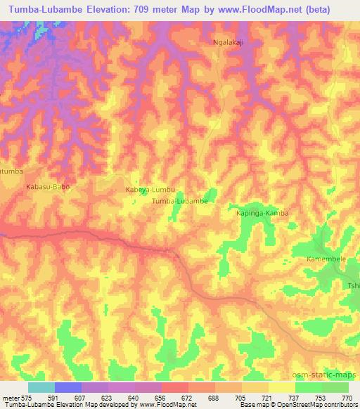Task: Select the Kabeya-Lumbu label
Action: coord(149,190)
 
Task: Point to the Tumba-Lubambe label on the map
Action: coord(179,201)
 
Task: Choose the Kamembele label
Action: coord(326,259)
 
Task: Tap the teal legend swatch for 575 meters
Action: coord(41,387)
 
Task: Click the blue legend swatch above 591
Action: coord(67,387)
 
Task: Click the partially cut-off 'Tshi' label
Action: coord(353,286)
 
